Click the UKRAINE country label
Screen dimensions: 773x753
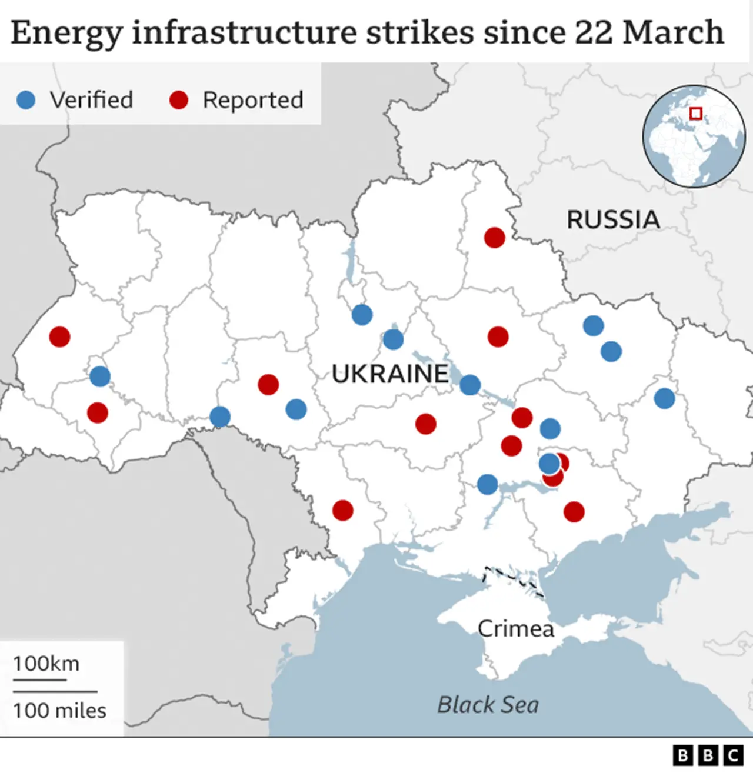(x=389, y=374)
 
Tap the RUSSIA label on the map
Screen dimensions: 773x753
(x=613, y=220)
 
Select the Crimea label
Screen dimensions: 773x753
(x=515, y=629)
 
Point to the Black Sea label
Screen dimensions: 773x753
(x=488, y=705)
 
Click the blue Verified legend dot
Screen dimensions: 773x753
(x=26, y=100)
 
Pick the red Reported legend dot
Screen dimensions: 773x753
(x=178, y=100)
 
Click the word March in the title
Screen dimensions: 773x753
(x=673, y=32)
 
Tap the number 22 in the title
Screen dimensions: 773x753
(x=593, y=32)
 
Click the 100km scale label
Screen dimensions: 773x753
(x=46, y=664)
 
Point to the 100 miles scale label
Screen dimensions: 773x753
(x=59, y=711)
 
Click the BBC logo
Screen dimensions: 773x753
(x=708, y=755)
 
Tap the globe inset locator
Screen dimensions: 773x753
(x=694, y=137)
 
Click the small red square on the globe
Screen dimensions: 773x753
(x=696, y=114)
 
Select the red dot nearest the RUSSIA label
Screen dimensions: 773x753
(x=494, y=238)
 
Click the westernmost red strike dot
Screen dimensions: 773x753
(x=59, y=336)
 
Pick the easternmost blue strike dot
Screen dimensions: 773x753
(x=664, y=398)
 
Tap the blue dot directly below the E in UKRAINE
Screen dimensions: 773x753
(x=469, y=385)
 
